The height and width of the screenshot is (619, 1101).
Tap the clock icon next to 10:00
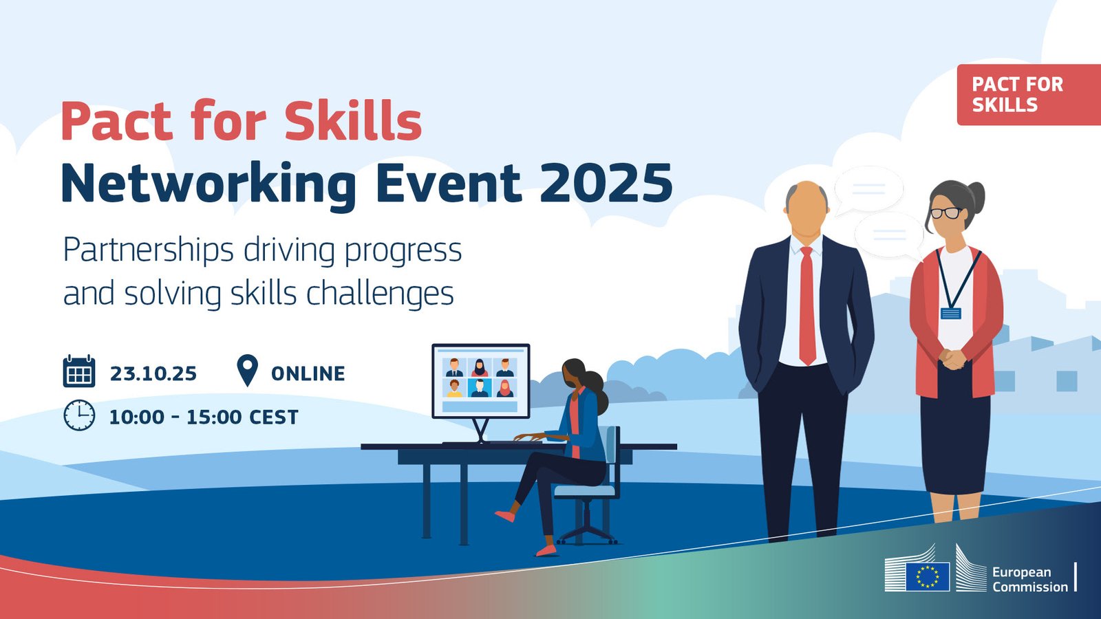pos(79,415)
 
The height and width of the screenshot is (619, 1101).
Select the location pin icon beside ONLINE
pos(247,371)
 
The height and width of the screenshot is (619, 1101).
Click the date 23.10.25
pos(153,374)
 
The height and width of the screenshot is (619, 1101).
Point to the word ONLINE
pos(308,374)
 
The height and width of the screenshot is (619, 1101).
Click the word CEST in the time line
pos(274,417)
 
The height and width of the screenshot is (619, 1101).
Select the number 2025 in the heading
pos(606,183)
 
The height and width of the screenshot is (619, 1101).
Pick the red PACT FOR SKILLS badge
pos(1029,95)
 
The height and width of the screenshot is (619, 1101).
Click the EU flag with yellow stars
pos(928,576)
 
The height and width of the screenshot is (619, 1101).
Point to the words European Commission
pos(1029,580)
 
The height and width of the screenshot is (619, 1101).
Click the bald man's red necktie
pos(807,305)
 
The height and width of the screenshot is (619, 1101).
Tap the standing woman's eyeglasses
pos(945,213)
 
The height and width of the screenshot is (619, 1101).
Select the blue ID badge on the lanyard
pos(950,314)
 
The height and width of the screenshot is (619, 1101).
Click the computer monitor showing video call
pos(481,381)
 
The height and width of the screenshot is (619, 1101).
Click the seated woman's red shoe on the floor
pos(546,550)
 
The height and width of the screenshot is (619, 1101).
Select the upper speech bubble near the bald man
pos(868,190)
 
